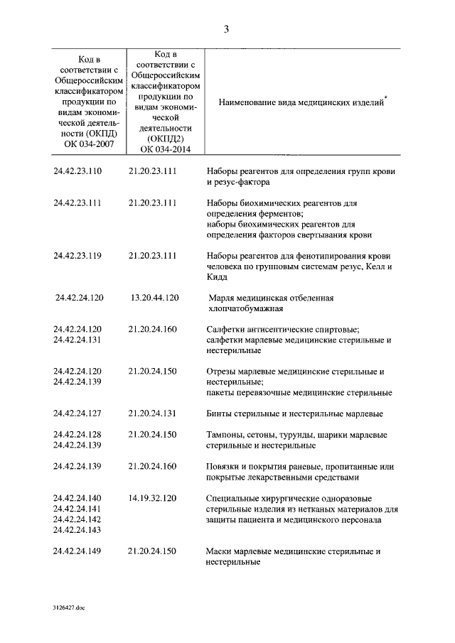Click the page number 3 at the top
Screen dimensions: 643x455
[x=226, y=29]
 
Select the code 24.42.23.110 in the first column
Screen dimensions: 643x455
[x=78, y=171]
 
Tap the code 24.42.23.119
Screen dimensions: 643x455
[x=78, y=256]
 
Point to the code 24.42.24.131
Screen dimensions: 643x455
[x=78, y=340]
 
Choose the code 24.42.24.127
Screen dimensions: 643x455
[x=78, y=414]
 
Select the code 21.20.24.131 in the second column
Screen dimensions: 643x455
[x=153, y=414]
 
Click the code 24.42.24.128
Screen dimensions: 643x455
[x=78, y=434]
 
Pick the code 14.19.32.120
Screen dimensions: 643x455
[x=153, y=498]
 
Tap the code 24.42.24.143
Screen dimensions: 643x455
[x=78, y=530]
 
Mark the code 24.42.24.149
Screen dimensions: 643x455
[x=78, y=551]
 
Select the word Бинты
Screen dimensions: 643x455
[x=220, y=414]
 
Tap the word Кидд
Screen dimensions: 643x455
[x=218, y=277]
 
